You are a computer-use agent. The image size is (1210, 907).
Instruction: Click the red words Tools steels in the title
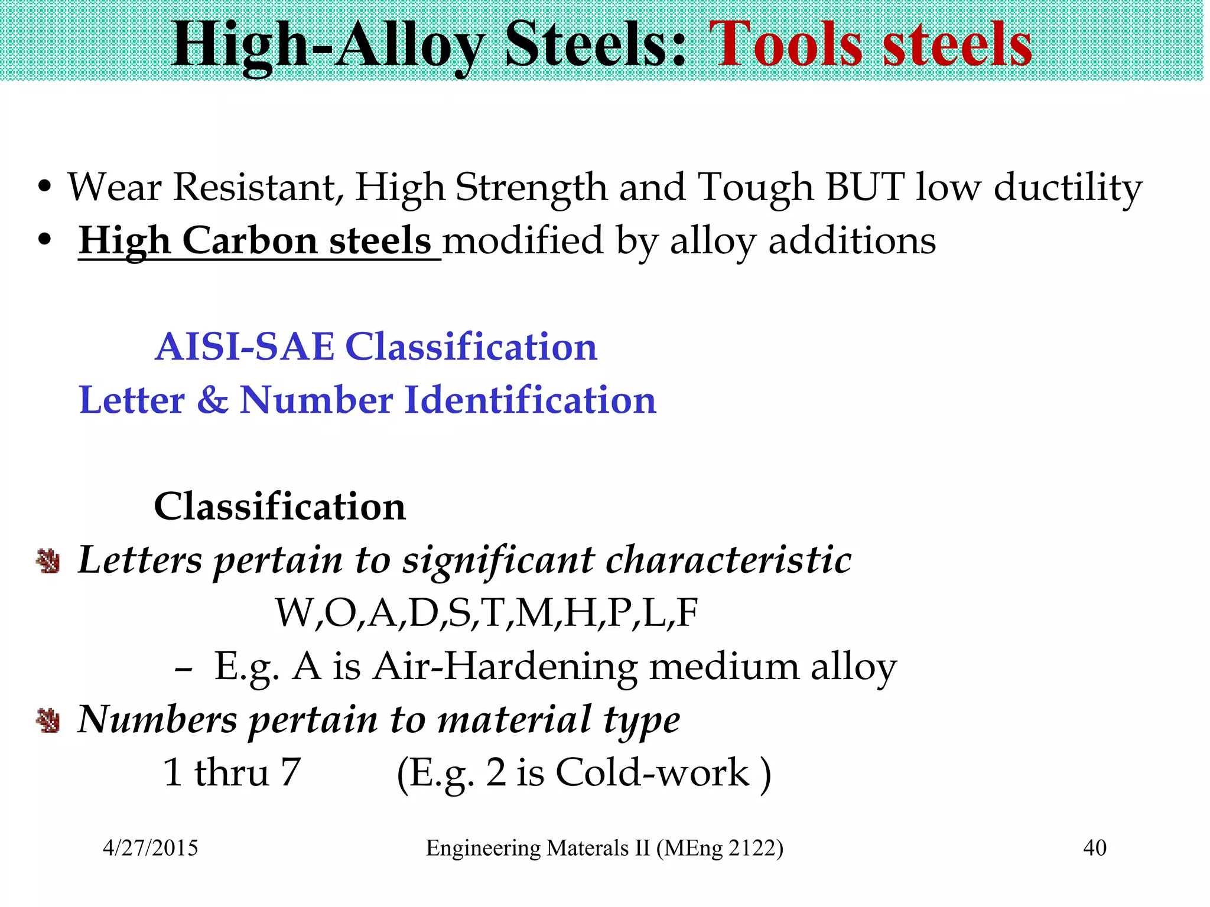tap(870, 45)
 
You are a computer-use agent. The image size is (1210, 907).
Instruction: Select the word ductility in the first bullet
tap(1068, 188)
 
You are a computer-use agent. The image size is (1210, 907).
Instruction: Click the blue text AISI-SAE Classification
tap(376, 347)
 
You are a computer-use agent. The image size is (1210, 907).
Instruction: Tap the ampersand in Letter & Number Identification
tap(212, 400)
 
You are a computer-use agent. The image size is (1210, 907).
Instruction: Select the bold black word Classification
tap(279, 506)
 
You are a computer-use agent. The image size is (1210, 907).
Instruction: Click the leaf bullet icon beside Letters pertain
tap(48, 560)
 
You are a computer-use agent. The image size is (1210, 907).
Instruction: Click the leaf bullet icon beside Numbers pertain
tap(48, 720)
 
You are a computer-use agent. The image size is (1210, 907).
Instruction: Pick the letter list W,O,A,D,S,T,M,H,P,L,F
tap(486, 612)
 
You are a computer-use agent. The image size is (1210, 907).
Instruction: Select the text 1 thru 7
tap(232, 772)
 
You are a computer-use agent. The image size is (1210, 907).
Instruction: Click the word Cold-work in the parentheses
tap(652, 772)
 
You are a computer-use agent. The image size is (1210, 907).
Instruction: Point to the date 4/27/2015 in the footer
tap(151, 848)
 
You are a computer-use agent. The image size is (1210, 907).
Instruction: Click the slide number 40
tap(1094, 848)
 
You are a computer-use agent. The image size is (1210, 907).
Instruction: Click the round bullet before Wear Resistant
tap(44, 188)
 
